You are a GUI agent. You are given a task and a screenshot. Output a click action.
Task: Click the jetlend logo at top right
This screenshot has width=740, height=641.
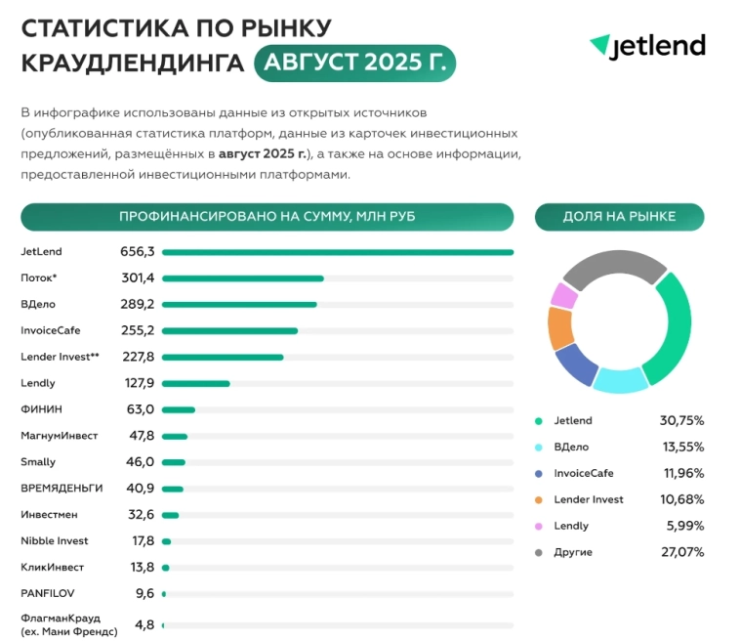(647, 46)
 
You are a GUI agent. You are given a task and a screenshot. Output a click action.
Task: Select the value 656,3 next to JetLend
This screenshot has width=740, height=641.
(137, 252)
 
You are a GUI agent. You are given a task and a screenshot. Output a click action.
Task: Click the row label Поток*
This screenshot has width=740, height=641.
(39, 278)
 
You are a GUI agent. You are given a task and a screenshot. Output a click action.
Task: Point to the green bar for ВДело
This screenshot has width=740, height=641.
(239, 305)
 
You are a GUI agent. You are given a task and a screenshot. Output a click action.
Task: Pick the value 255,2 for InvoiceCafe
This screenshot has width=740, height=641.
(137, 331)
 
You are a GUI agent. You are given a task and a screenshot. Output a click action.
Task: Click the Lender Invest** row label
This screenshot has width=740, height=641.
(60, 358)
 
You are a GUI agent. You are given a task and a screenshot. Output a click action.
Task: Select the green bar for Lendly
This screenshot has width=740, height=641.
(195, 384)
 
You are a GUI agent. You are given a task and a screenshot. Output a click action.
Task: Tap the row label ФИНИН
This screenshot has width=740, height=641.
(41, 409)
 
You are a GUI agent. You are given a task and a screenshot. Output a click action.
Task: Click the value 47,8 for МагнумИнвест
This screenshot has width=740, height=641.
(142, 436)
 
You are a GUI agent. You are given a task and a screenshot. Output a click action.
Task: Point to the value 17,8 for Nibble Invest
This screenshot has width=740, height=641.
(142, 541)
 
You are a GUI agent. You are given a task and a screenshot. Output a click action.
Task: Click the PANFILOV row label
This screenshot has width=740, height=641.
(47, 593)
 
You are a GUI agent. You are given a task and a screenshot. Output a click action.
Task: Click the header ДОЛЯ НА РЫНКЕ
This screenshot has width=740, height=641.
(619, 217)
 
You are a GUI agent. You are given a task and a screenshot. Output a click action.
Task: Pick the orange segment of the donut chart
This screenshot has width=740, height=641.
(559, 327)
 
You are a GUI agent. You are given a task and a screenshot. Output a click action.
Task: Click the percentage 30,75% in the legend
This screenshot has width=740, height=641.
(681, 421)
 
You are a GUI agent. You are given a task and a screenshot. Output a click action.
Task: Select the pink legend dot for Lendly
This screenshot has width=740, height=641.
(538, 526)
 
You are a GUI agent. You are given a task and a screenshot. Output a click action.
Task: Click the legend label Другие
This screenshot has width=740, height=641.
(572, 552)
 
